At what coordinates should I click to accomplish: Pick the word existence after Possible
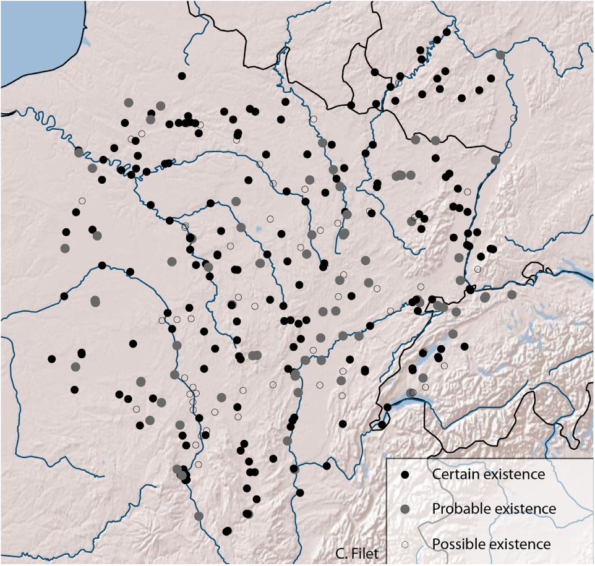click(x=520, y=544)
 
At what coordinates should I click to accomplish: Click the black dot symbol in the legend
click(x=406, y=475)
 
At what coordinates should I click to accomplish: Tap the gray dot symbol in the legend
click(x=406, y=509)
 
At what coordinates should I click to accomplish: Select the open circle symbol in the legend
click(x=406, y=544)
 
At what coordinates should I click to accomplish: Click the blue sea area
click(x=37, y=37)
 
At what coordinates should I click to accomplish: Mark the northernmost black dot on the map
click(x=447, y=32)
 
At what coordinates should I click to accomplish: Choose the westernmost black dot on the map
click(x=52, y=359)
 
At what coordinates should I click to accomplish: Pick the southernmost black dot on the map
click(x=227, y=531)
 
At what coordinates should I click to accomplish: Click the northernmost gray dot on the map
click(x=500, y=55)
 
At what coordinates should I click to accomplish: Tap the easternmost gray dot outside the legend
click(x=512, y=294)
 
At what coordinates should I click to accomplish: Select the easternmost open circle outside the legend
click(x=513, y=118)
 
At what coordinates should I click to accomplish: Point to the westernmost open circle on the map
click(x=82, y=200)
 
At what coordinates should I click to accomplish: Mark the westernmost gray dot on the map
click(x=65, y=248)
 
